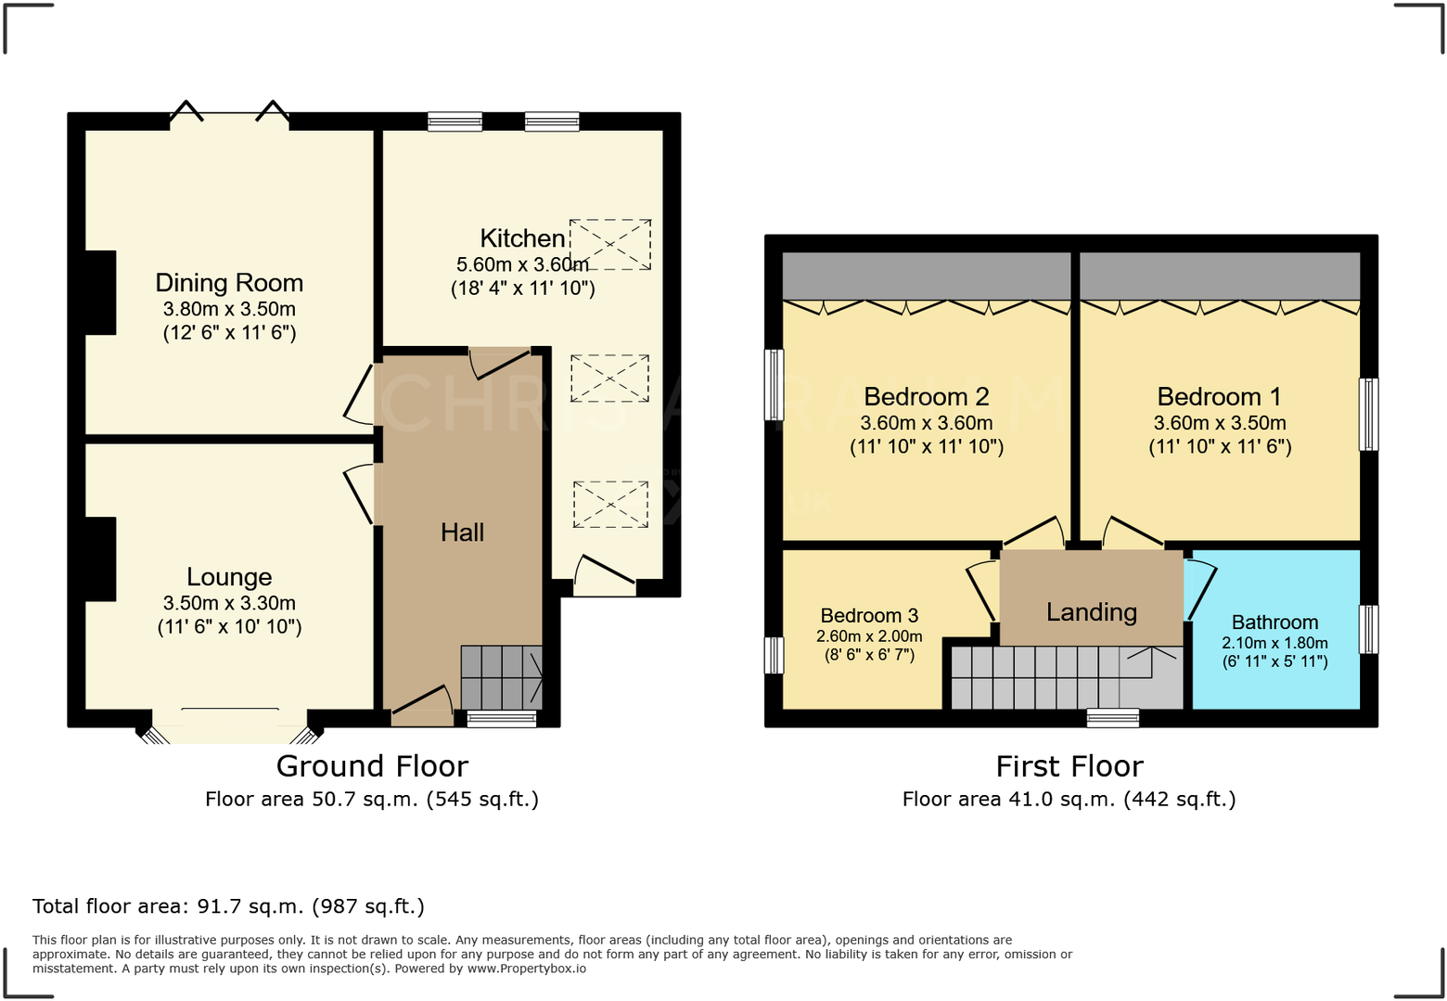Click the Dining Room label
tap(229, 283)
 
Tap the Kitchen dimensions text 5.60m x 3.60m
tap(522, 264)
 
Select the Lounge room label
tap(229, 577)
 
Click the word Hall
tap(462, 533)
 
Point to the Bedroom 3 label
tap(869, 616)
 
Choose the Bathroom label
tap(1274, 622)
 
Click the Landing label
tap(1091, 612)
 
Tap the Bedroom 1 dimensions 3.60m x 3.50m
tap(1220, 423)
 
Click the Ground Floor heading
tap(372, 766)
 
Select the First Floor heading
tap(1069, 766)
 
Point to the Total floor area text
tap(228, 906)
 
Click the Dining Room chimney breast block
tap(100, 292)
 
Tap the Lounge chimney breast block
tap(100, 558)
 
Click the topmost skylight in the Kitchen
tap(609, 245)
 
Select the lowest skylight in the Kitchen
tap(609, 505)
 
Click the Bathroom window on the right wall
tap(1368, 629)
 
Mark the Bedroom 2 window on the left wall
tap(774, 384)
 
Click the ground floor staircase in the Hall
tap(501, 677)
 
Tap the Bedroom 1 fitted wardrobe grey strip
tap(1219, 276)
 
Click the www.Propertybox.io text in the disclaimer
tap(526, 969)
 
